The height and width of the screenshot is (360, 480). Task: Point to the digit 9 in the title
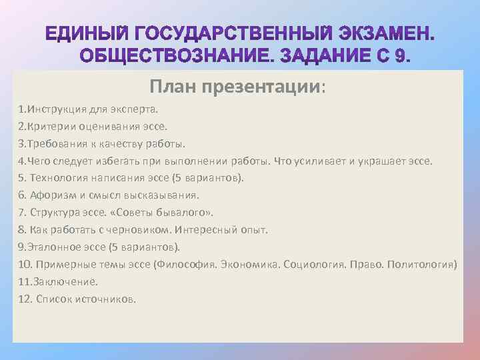pos(399,55)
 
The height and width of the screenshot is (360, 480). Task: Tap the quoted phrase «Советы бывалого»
pos(171,212)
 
